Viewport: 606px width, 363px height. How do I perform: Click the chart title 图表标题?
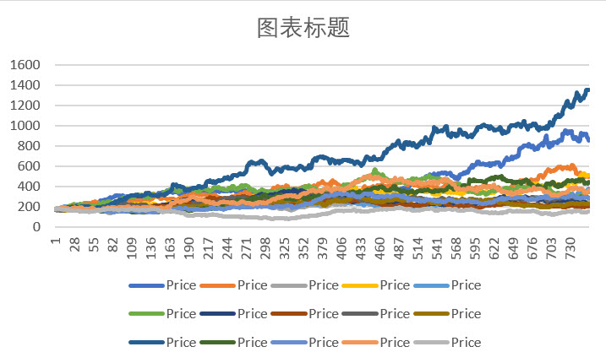tap(303, 28)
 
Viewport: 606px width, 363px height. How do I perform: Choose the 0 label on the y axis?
tap(36, 227)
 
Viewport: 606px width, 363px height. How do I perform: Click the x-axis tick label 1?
tap(56, 241)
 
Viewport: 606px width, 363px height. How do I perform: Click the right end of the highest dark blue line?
tap(587, 90)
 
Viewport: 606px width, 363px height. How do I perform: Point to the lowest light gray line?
tap(279, 218)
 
